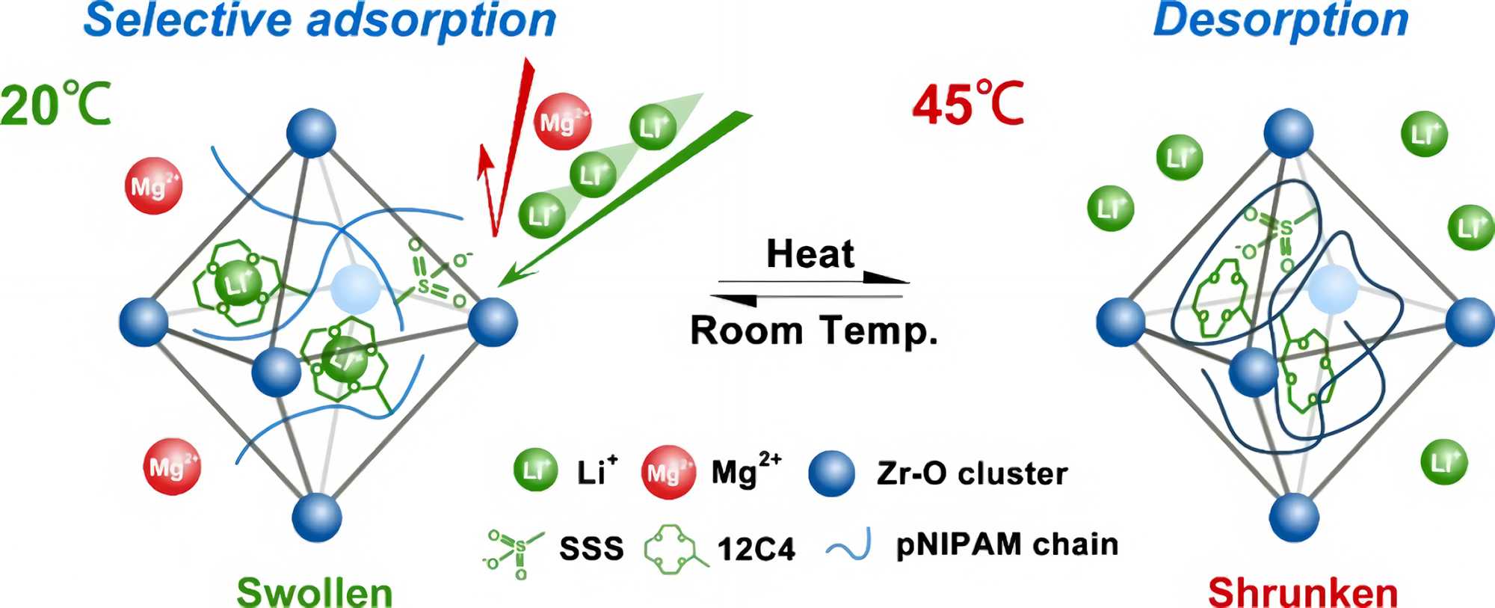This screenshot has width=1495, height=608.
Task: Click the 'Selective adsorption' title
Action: [320, 20]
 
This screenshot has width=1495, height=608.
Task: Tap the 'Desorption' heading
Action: [1280, 20]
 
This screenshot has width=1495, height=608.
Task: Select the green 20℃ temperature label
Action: [56, 105]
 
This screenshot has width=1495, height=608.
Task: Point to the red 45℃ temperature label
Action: [968, 105]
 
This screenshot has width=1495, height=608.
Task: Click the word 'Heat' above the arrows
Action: [810, 254]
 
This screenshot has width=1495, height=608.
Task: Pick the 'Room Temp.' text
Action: [813, 331]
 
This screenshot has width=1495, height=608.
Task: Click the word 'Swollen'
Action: [315, 593]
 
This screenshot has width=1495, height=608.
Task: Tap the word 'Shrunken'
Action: [1303, 593]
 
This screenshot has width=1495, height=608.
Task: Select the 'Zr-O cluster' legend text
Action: [972, 473]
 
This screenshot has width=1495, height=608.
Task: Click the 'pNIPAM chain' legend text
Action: [1007, 544]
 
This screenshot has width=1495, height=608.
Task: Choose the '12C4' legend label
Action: [756, 550]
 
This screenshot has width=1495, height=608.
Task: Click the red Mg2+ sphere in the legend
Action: [668, 473]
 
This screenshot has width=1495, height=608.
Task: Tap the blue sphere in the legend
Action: [832, 473]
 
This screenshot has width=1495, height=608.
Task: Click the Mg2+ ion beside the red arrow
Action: [563, 122]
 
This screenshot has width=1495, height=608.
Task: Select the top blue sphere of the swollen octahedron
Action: [311, 133]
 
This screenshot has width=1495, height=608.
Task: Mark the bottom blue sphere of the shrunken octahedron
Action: [1294, 517]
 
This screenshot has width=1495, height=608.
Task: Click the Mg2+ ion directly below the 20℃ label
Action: [153, 186]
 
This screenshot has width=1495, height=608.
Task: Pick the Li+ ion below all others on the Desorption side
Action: [1443, 462]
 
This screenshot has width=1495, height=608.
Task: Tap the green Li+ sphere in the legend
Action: [535, 470]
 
